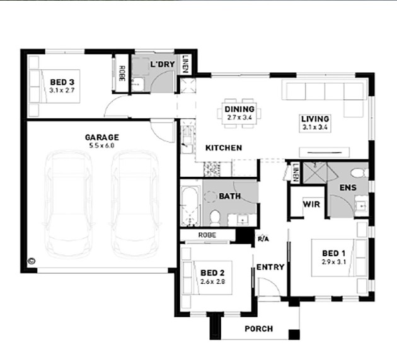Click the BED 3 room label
coord(62,82)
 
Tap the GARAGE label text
coord(102,137)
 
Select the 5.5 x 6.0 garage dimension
coord(101,145)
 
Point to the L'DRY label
coord(163,64)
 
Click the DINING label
coord(239,110)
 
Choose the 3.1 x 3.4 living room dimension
coord(315,127)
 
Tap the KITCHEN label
coord(224,148)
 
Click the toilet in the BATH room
coord(216,218)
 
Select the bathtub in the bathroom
coord(191,206)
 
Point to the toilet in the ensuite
coord(359,173)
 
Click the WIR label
coord(311,204)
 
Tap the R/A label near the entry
coord(263,239)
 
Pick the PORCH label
coord(259,329)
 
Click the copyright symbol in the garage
coord(32,261)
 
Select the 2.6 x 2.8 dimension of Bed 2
coord(213,281)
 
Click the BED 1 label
coord(334,253)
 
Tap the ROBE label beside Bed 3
coord(122,73)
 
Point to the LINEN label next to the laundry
coord(185,64)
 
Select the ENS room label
coord(348,188)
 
